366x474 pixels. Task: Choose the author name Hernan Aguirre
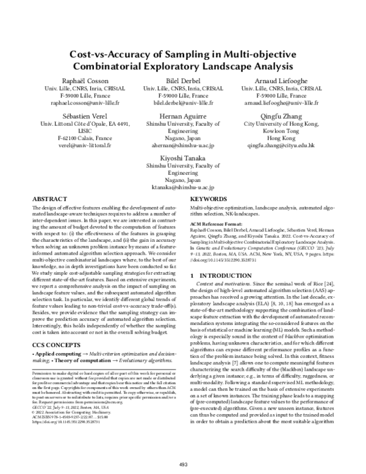pos(183,115)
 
